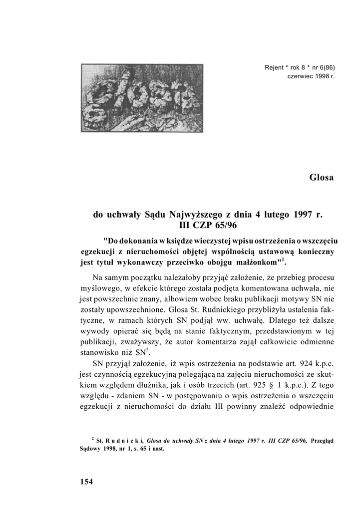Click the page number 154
[x=86, y=482]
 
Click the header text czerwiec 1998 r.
[x=311, y=76]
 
